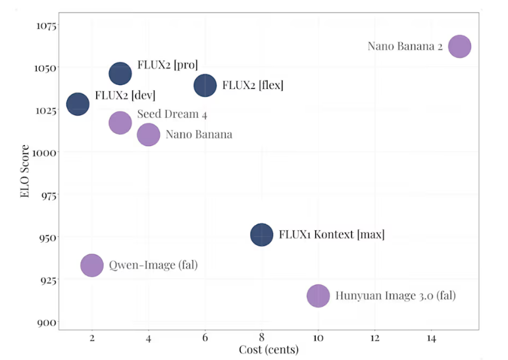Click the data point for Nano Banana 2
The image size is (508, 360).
point(459,47)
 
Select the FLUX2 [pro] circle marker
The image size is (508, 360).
point(120,72)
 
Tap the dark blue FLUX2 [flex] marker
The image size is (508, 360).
point(205,85)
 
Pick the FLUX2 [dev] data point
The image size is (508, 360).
point(78,103)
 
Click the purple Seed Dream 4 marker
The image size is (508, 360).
point(120,122)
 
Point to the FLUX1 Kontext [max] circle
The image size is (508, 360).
point(261,234)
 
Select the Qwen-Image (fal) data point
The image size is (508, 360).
point(92,265)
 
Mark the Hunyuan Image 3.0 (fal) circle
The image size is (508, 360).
point(318,296)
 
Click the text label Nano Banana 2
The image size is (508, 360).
point(405,47)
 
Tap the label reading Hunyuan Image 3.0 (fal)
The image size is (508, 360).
point(395,296)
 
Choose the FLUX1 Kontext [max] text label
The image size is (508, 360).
point(332,234)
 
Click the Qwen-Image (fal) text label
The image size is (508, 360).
point(153,265)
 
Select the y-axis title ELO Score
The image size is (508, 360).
point(24,172)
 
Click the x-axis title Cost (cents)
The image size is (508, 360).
point(268,349)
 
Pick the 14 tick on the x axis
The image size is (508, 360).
point(431,338)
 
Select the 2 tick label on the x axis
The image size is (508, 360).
point(92,338)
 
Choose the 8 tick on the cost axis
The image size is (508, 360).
point(261,338)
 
